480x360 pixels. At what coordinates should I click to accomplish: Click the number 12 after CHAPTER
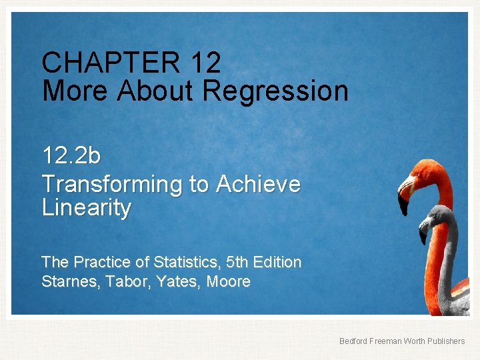point(205,63)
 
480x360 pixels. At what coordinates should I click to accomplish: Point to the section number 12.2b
point(71,156)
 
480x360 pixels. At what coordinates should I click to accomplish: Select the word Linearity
point(87,208)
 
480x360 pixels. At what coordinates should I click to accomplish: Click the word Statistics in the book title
point(209,263)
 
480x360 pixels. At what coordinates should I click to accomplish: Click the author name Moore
point(228,282)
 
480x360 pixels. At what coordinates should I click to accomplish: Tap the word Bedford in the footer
point(353,341)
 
